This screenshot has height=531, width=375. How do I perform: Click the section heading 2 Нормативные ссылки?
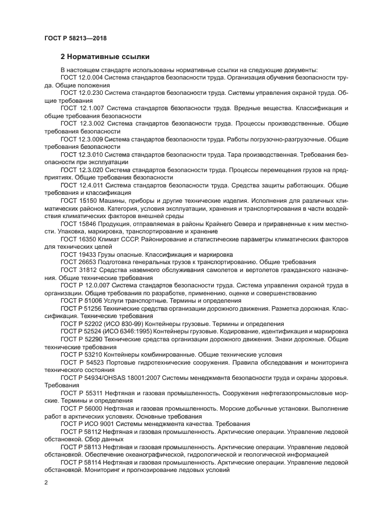[x=105, y=57]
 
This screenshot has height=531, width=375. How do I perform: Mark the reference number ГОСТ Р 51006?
[x=82, y=300]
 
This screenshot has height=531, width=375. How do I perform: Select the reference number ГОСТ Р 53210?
[x=82, y=354]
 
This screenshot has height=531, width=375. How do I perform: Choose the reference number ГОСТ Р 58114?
[x=83, y=462]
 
